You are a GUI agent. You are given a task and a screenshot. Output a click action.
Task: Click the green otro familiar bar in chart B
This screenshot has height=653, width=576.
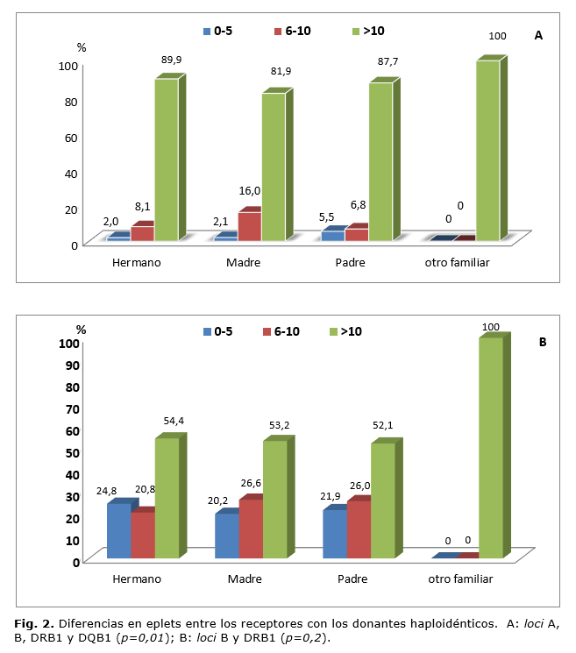click(x=491, y=447)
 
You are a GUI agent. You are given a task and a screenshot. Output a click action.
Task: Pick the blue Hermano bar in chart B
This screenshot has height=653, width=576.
click(x=119, y=531)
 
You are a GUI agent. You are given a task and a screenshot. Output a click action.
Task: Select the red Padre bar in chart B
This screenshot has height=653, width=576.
click(x=357, y=529)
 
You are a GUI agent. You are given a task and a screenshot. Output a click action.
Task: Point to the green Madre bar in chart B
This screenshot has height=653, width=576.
click(x=275, y=500)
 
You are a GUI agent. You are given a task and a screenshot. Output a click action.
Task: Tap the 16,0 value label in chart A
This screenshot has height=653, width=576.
click(x=250, y=189)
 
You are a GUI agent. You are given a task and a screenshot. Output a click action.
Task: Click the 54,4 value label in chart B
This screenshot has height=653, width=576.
click(x=174, y=422)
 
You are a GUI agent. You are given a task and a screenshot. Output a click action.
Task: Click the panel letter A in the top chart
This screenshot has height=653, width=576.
click(x=539, y=36)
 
